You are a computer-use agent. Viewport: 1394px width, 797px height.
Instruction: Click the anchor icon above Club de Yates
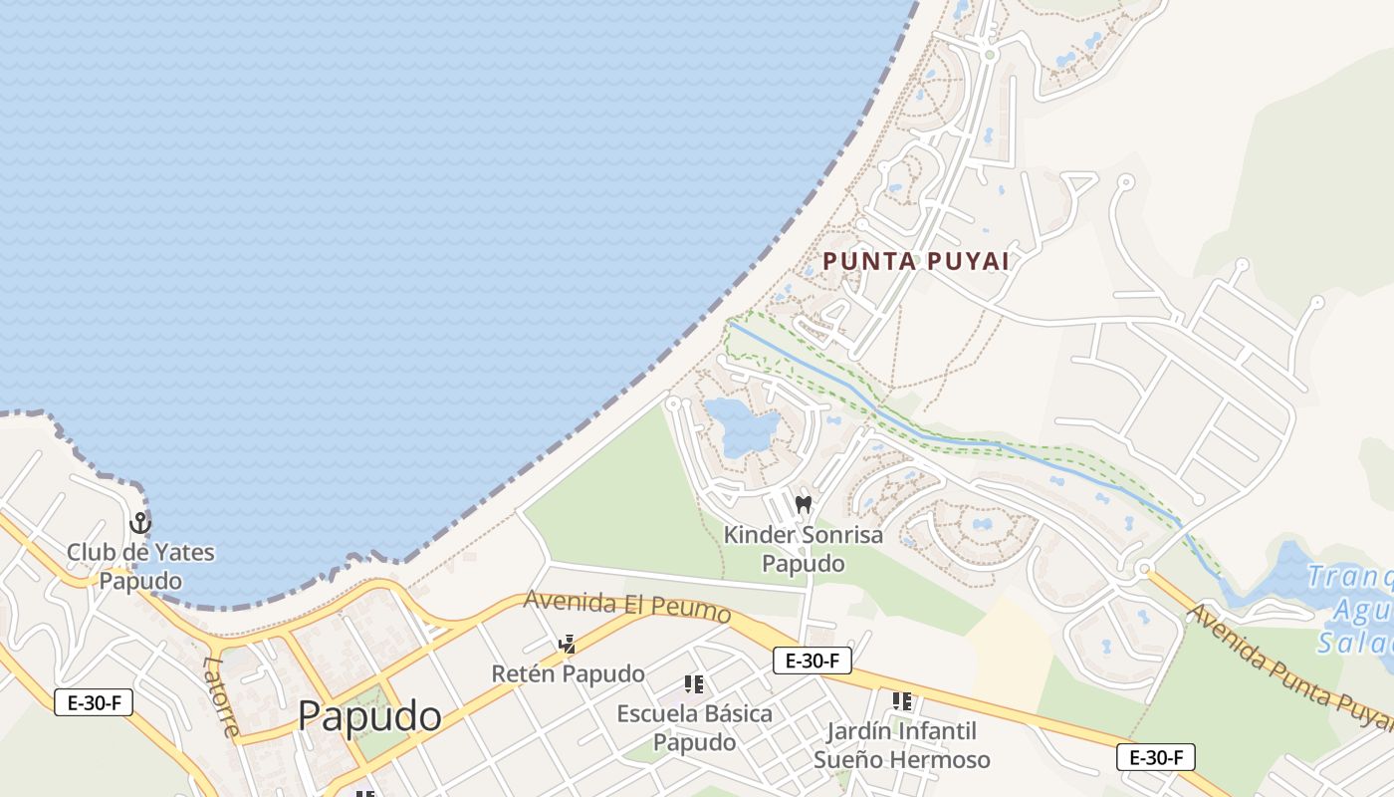140,522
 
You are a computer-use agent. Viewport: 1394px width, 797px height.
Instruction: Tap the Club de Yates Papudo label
140,566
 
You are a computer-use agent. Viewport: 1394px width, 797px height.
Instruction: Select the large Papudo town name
369,715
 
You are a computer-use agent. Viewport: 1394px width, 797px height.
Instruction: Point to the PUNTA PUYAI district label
916,261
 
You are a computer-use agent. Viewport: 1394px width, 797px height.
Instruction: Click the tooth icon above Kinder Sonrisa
804,505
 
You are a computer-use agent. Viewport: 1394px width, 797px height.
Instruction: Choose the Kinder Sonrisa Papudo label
803,549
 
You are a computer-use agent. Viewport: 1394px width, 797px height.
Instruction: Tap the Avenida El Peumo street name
627,607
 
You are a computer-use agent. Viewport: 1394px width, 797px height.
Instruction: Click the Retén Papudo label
568,673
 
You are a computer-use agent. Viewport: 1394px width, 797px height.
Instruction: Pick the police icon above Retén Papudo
568,645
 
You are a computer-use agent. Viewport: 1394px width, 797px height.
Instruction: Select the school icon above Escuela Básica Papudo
694,684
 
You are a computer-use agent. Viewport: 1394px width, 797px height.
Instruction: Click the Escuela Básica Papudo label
694,728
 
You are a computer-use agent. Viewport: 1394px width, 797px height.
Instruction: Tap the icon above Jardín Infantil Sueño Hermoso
902,701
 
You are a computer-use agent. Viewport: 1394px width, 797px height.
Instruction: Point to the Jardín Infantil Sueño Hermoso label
902,745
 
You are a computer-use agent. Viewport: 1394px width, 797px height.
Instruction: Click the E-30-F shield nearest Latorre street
94,702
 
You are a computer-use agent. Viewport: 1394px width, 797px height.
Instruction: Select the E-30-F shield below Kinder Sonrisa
813,660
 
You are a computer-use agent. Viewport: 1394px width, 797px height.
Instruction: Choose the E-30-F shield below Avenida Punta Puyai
1155,757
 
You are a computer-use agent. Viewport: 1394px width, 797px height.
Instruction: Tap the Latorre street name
221,695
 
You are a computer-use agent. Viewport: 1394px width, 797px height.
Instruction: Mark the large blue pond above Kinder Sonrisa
742,426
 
